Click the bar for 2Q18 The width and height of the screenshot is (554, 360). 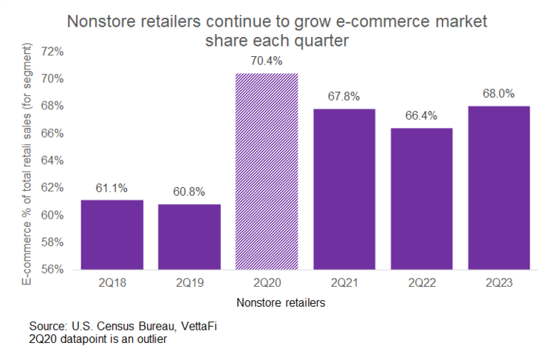tap(112, 234)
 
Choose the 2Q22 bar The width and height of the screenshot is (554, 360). tap(421, 198)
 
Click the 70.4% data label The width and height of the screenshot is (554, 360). tap(267, 62)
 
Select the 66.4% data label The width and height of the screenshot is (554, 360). tap(421, 117)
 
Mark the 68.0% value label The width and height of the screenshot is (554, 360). tap(499, 95)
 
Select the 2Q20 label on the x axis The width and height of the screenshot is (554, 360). tap(267, 282)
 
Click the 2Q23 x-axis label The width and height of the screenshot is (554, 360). tap(499, 282)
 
